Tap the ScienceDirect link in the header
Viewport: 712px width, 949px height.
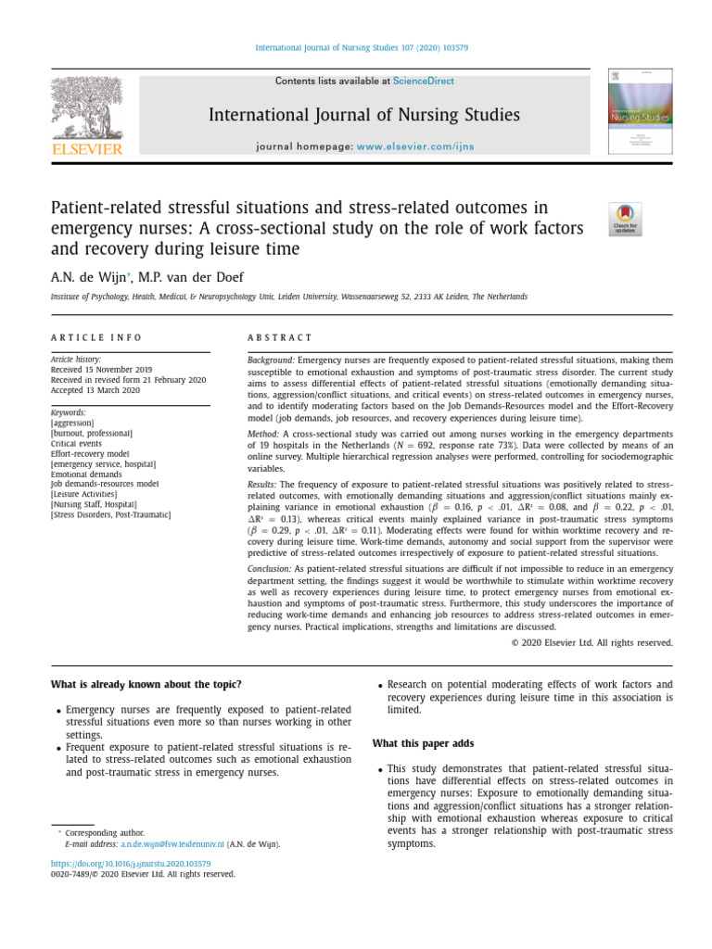424,82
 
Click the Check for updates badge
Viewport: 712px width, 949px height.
625,219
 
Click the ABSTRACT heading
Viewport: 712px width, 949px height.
280,337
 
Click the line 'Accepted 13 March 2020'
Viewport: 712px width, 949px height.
94,390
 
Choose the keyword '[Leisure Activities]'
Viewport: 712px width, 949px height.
84,494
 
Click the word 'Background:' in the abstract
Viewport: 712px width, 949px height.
271,359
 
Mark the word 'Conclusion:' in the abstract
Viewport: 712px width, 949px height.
270,568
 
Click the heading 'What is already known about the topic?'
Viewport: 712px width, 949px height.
146,684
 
